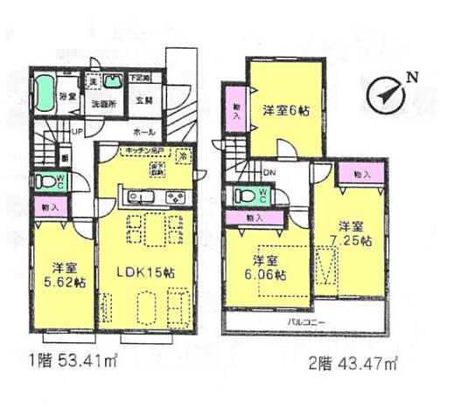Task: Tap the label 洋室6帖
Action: [285, 111]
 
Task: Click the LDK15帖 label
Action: [144, 272]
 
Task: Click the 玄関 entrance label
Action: [145, 100]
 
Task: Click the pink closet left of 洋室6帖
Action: [234, 109]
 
